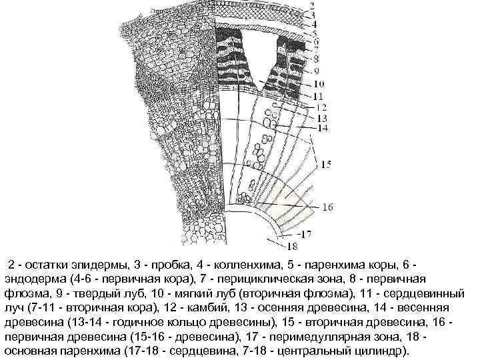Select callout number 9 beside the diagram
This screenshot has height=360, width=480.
[x=316, y=72]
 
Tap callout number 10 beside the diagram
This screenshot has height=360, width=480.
[x=319, y=84]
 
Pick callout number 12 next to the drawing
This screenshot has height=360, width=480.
[x=321, y=107]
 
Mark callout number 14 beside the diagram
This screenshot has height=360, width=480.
[x=323, y=127]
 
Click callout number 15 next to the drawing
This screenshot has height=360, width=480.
[x=326, y=163]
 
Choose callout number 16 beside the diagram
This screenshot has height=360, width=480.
[x=327, y=207]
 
